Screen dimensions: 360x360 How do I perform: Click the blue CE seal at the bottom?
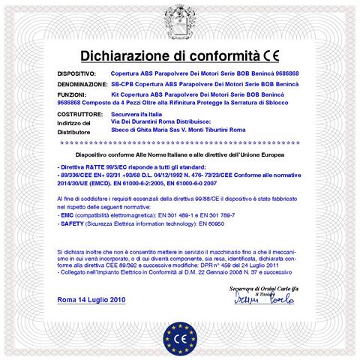pos(180,331)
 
